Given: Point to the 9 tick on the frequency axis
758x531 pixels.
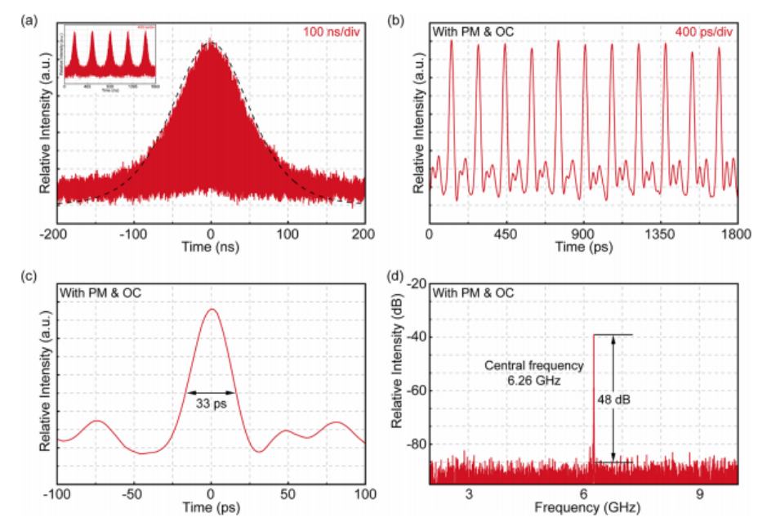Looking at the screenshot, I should (x=700, y=495).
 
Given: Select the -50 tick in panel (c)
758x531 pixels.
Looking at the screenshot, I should (x=134, y=495).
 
